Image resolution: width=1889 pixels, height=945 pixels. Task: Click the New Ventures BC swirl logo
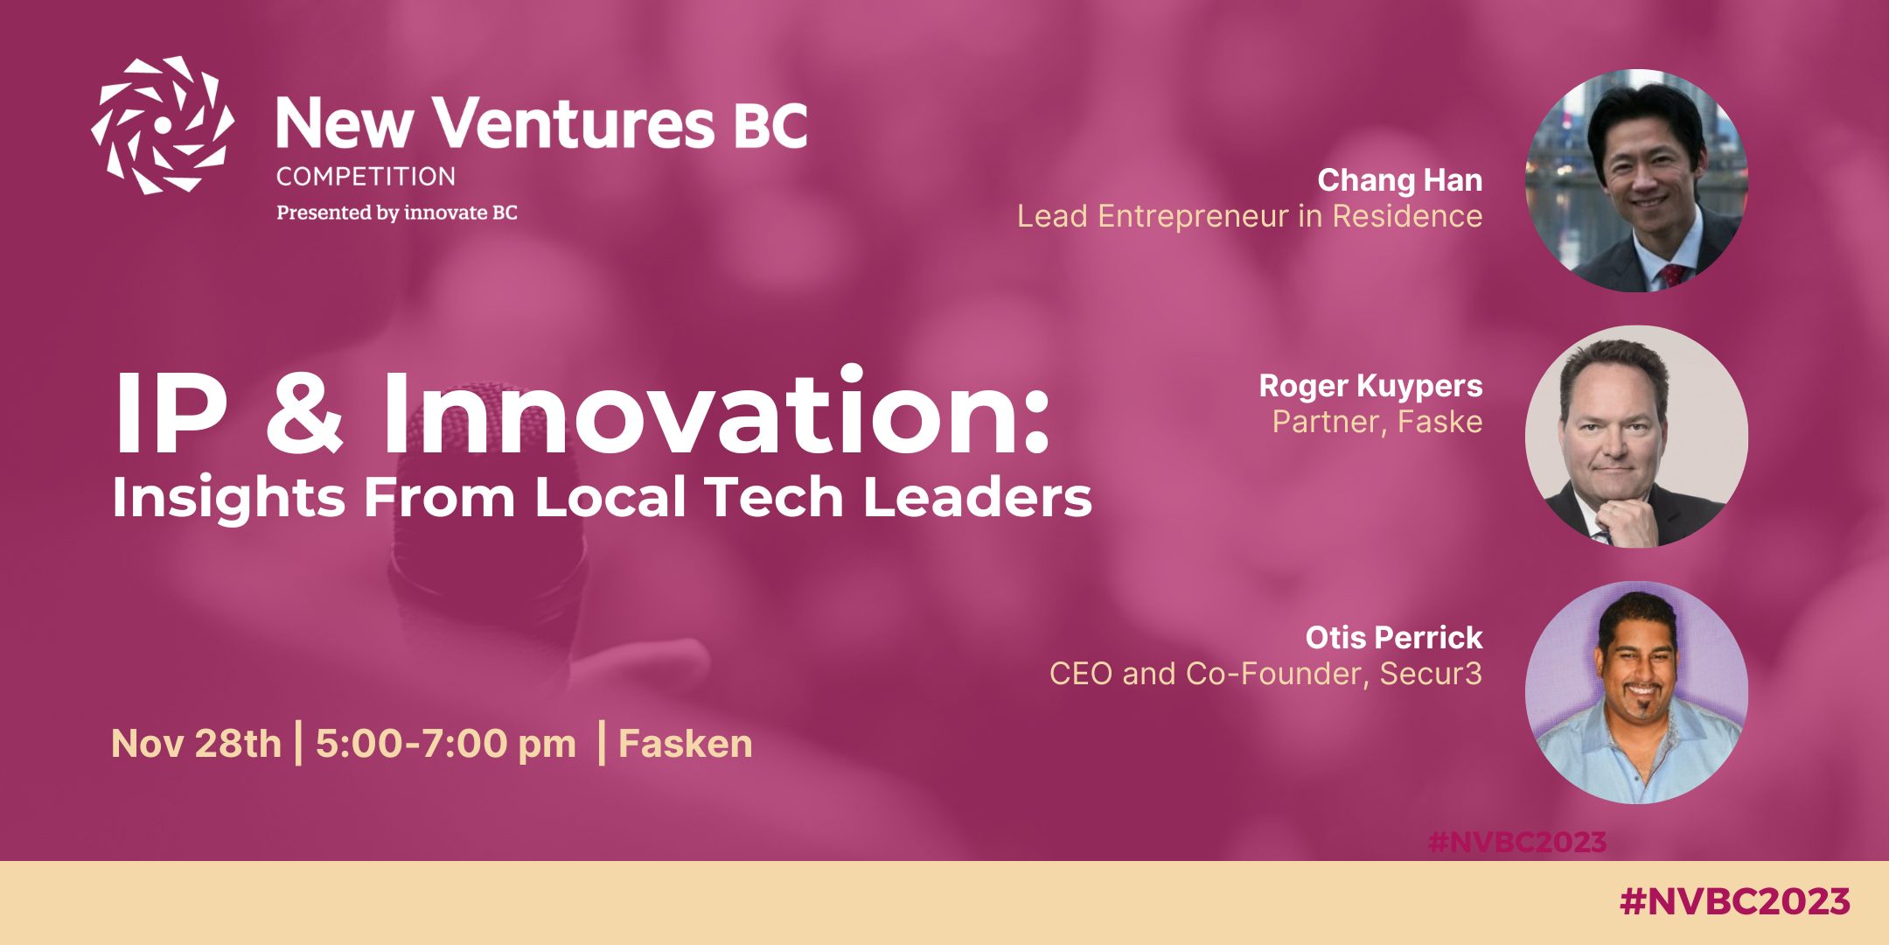pyautogui.click(x=163, y=125)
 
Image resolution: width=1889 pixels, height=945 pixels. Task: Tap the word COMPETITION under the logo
pyautogui.click(x=366, y=177)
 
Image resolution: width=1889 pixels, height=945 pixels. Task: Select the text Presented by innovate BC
pyautogui.click(x=397, y=213)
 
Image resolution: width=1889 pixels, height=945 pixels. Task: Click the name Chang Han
pyautogui.click(x=1400, y=180)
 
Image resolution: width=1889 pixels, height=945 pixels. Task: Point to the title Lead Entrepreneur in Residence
pyautogui.click(x=1250, y=216)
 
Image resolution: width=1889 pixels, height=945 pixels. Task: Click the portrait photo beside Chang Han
pyautogui.click(x=1636, y=180)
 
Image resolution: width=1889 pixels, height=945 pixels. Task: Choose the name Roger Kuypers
pyautogui.click(x=1370, y=386)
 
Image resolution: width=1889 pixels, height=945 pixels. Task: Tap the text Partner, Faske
pyautogui.click(x=1377, y=422)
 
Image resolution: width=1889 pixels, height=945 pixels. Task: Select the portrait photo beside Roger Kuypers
pyautogui.click(x=1636, y=437)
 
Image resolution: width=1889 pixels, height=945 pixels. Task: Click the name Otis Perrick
pyautogui.click(x=1394, y=638)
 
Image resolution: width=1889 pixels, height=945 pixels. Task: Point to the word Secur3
pyautogui.click(x=1431, y=674)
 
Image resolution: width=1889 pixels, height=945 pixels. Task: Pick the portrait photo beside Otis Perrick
pyautogui.click(x=1636, y=692)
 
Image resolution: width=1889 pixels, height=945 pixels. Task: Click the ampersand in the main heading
pyautogui.click(x=304, y=412)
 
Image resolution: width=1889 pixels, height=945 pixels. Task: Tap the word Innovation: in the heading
pyautogui.click(x=715, y=410)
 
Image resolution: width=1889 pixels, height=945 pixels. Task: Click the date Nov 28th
pyautogui.click(x=196, y=744)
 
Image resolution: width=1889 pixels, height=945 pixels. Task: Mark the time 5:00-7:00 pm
pyautogui.click(x=446, y=745)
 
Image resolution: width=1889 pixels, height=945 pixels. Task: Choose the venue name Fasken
pyautogui.click(x=686, y=744)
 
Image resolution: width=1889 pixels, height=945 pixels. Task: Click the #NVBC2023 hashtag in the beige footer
pyautogui.click(x=1735, y=901)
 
